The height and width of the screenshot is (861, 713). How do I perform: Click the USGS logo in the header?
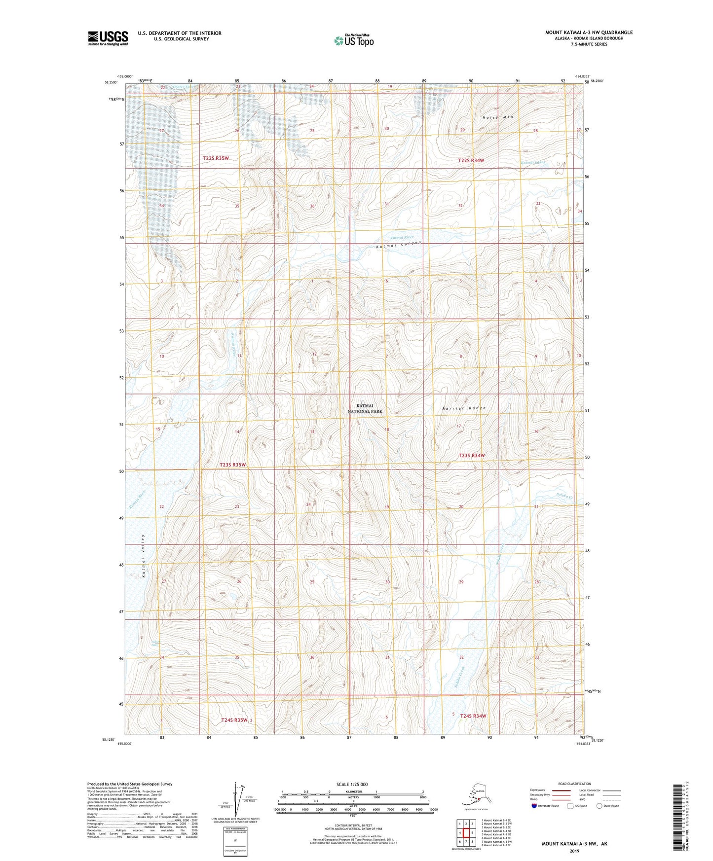click(108, 38)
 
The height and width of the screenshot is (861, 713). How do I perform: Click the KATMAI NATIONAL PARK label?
click(365, 408)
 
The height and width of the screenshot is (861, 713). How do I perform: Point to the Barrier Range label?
click(464, 408)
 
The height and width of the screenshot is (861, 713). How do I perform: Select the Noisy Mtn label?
click(498, 117)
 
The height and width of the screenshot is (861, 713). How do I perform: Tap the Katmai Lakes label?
click(533, 162)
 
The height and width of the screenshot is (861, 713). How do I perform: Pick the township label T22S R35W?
click(216, 158)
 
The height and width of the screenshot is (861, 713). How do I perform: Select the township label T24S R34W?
click(473, 716)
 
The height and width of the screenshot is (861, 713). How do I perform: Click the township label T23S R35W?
click(232, 465)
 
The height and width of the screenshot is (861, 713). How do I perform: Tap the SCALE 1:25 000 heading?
click(352, 784)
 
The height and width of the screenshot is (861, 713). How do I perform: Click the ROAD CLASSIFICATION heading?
click(574, 784)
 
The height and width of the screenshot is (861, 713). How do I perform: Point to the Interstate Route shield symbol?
click(534, 806)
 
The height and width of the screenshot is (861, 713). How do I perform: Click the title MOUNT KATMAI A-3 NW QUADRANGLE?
click(589, 33)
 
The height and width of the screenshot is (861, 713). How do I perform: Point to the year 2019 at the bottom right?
click(574, 851)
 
